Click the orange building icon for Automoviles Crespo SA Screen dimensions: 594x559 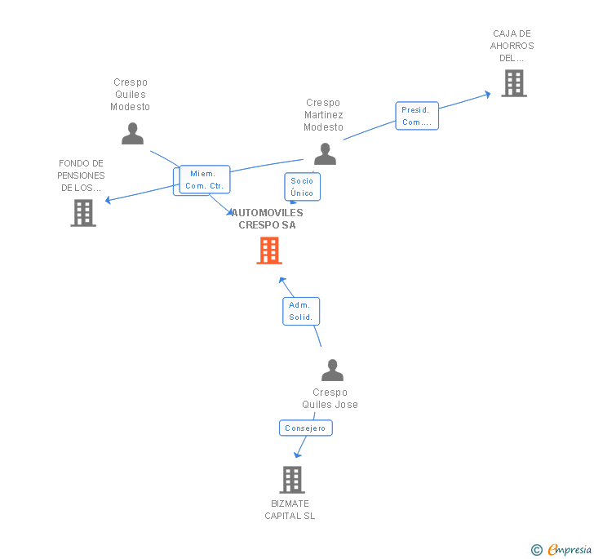[269, 251]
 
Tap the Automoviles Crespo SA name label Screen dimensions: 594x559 [268, 219]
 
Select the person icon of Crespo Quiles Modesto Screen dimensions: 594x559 [132, 133]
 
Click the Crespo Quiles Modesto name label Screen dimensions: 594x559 [131, 95]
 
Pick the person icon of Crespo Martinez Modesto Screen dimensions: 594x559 [325, 153]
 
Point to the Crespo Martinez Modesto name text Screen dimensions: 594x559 [323, 115]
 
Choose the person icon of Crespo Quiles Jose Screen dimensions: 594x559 [332, 370]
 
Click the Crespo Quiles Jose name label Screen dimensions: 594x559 [330, 398]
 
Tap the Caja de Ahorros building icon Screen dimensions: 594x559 [513, 83]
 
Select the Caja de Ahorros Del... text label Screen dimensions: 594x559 [512, 46]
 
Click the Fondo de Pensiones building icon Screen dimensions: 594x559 [83, 213]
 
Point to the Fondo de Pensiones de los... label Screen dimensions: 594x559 [81, 175]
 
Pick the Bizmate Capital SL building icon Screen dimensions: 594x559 [292, 480]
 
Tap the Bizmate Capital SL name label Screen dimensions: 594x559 [290, 509]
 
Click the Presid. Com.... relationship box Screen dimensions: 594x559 [417, 116]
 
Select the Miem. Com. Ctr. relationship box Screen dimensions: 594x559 [204, 180]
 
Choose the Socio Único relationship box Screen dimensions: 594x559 [302, 187]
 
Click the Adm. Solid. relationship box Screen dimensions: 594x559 [301, 311]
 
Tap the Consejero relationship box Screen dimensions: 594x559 [305, 428]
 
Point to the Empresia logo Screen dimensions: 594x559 [562, 550]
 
